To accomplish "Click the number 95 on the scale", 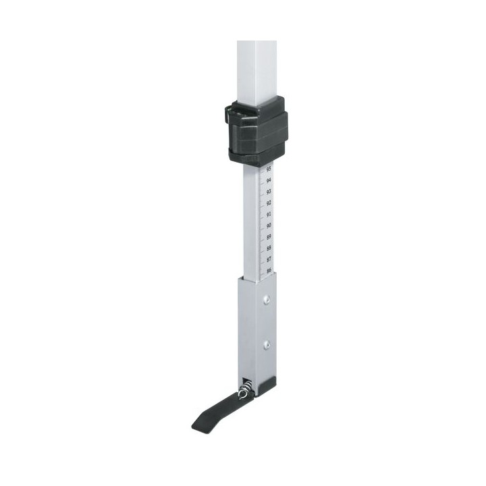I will click(269, 169).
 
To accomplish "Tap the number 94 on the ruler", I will click(269, 181).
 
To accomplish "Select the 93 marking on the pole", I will click(269, 192).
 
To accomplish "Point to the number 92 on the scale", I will click(269, 203).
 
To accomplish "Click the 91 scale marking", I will click(269, 214).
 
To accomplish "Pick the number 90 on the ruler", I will click(269, 225).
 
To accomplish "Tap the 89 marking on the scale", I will click(269, 237).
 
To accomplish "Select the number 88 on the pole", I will click(269, 248).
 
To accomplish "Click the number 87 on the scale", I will click(269, 259).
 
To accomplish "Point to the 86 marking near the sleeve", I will click(269, 271).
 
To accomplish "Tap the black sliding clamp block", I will click(256, 130).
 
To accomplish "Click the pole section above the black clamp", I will click(256, 67).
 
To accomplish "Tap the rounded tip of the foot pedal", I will click(198, 425).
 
